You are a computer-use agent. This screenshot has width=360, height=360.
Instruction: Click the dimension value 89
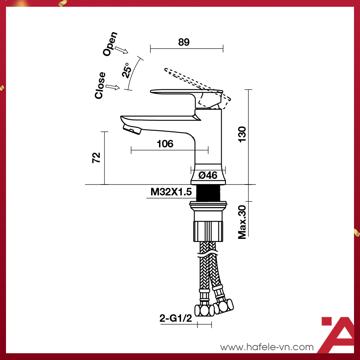184,42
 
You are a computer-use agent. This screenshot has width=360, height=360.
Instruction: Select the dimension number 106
165,144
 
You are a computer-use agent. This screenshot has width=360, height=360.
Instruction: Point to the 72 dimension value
96,157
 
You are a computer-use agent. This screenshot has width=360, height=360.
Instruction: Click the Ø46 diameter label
208,175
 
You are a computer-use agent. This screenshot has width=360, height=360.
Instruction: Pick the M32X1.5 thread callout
171,192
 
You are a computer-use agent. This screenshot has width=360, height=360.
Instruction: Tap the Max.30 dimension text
242,222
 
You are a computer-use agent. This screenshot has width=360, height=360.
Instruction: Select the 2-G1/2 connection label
175,319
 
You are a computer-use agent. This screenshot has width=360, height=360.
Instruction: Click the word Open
110,44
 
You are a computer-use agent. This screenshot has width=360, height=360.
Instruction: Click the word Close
100,85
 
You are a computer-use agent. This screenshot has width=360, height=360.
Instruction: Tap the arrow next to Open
121,50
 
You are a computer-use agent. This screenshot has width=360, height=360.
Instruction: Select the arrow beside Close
112,87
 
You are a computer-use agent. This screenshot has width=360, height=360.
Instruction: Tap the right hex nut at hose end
225,305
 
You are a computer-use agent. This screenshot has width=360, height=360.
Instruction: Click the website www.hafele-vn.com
267,347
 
